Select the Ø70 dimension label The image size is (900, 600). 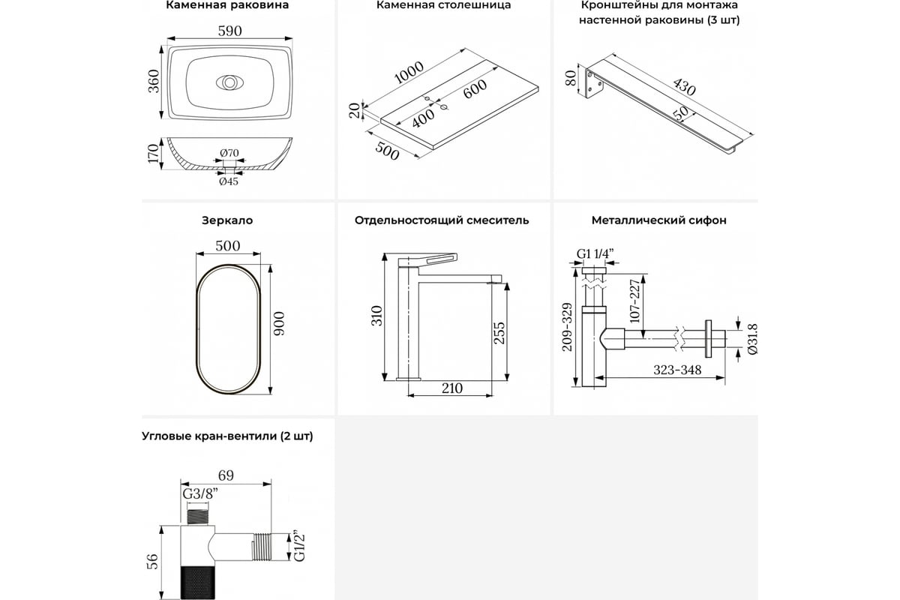pyautogui.click(x=229, y=154)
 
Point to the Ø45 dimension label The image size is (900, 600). pyautogui.click(x=229, y=181)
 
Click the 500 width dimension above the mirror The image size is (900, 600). pyautogui.click(x=227, y=246)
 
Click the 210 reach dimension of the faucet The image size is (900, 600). pyautogui.click(x=451, y=388)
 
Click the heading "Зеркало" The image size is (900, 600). pyautogui.click(x=227, y=220)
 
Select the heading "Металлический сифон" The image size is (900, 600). pyautogui.click(x=658, y=220)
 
